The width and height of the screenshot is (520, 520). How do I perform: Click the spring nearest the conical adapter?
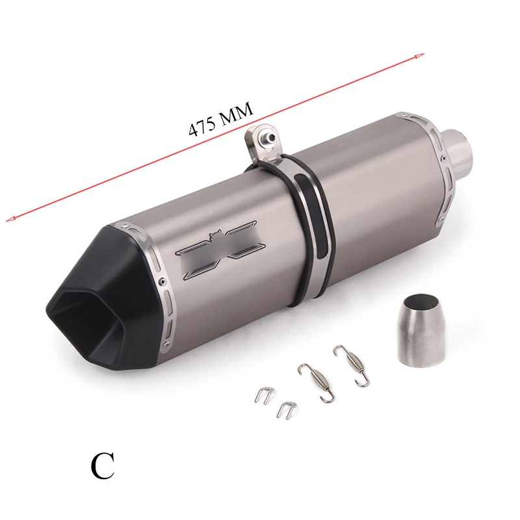352,365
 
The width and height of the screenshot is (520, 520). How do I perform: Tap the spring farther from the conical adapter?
316,382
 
